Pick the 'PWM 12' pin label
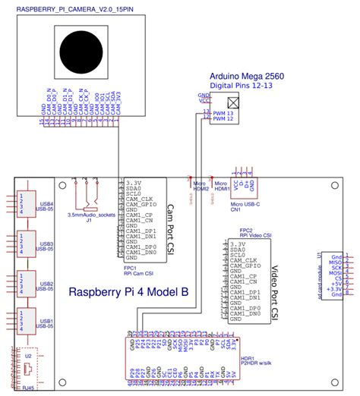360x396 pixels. pyautogui.click(x=224, y=119)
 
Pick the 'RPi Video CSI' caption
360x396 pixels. pyautogui.click(x=255, y=236)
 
